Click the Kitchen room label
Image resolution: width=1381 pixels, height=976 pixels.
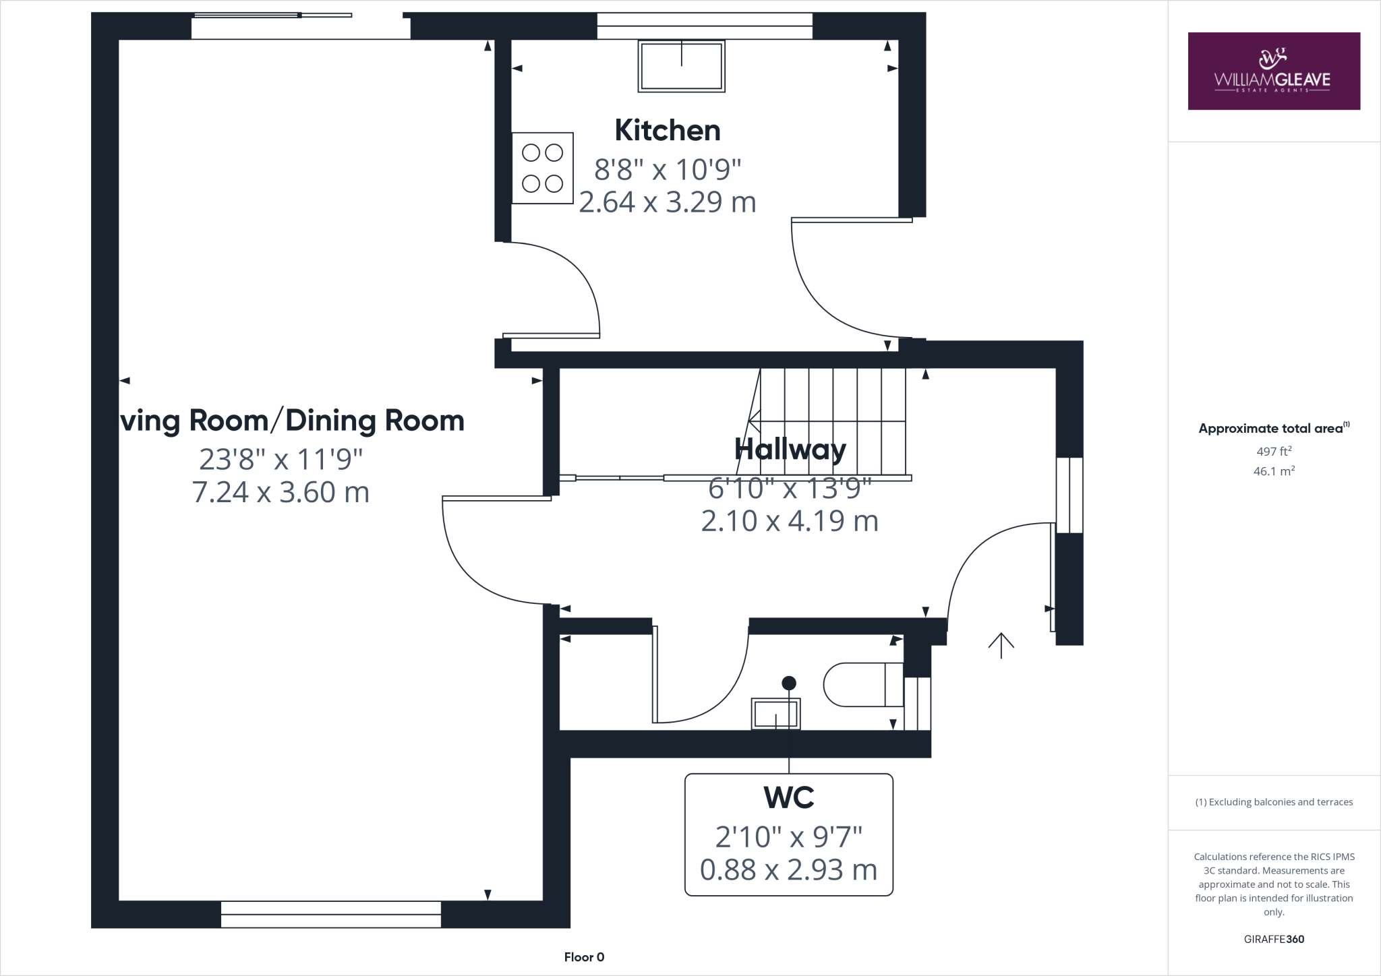pos(667,130)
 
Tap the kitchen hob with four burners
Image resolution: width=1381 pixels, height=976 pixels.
pos(542,169)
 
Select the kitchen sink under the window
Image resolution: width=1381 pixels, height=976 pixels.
pos(681,66)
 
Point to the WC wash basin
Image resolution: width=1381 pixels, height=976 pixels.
pos(775,713)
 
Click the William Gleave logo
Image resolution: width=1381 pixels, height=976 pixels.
pos(1273,71)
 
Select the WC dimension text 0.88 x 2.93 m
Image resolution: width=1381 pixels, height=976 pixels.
pos(788,870)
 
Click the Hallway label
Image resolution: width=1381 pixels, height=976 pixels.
pos(790,449)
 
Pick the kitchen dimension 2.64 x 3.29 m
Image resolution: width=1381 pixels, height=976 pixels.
pos(667,202)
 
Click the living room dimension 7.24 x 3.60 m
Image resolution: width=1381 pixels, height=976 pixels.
pos(281,492)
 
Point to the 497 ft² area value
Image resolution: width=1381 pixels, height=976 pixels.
pos(1273,452)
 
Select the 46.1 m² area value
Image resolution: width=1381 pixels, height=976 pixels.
pos(1273,471)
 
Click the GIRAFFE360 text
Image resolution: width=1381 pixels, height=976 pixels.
pos(1273,939)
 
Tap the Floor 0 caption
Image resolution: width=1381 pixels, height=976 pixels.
pos(584,957)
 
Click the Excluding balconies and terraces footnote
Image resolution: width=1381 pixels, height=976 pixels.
pos(1273,802)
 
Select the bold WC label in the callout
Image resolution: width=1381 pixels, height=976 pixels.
pos(788,797)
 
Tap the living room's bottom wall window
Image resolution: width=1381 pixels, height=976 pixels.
pos(330,914)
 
